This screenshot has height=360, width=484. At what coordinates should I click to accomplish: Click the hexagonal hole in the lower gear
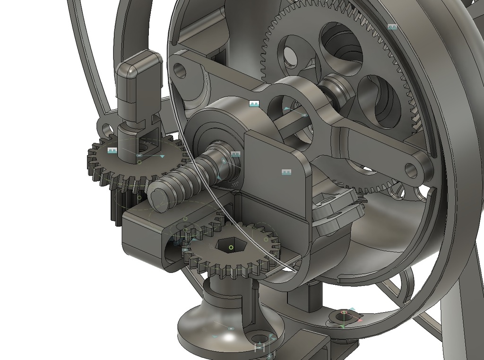231,246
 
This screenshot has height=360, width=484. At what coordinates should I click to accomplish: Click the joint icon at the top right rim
392,27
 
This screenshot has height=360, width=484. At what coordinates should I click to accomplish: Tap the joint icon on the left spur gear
112,150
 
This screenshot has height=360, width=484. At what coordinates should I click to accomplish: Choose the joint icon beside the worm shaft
235,154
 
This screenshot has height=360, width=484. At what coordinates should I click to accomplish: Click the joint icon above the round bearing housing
254,104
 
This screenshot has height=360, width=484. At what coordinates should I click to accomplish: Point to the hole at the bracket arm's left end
180,70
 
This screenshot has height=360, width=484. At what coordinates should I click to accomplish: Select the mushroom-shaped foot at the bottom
222,326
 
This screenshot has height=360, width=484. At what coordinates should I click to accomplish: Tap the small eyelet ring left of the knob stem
106,128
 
